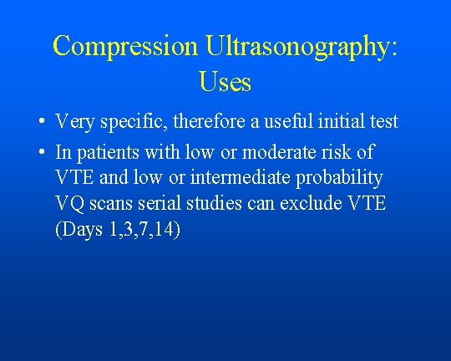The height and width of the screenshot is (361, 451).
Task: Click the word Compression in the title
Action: [x=125, y=47]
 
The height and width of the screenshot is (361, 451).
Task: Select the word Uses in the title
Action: [x=225, y=82]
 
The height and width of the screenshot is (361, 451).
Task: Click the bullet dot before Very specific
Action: [x=42, y=120]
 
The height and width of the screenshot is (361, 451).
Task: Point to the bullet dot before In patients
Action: [x=42, y=151]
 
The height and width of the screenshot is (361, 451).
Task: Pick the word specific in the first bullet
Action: [x=134, y=122]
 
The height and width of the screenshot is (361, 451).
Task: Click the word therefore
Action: [x=209, y=121]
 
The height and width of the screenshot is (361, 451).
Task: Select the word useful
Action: [x=288, y=121]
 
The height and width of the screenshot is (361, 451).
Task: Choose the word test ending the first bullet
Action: [x=384, y=122]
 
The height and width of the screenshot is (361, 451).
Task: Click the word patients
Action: [x=108, y=153]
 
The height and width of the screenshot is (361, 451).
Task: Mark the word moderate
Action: [x=279, y=152]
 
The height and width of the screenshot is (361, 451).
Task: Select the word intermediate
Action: [x=241, y=177]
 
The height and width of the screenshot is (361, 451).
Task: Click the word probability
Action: [x=339, y=179]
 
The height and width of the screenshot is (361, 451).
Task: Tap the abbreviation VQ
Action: [x=69, y=204]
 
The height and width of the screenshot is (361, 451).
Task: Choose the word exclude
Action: [x=312, y=203]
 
